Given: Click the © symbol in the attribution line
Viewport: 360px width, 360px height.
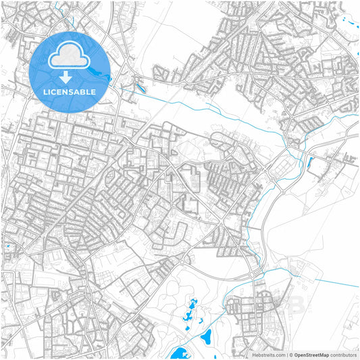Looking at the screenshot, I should (291, 355).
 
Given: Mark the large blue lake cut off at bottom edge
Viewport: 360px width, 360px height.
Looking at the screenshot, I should (180, 353).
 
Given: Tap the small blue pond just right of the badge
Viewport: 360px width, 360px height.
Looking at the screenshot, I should (140, 87).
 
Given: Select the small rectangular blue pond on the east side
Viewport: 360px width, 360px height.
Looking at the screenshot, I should (310, 161).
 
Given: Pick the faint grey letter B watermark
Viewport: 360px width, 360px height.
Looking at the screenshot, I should (294, 305).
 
